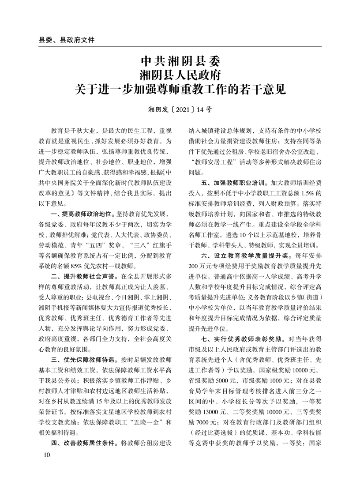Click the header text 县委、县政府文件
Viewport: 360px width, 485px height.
[67, 39]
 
